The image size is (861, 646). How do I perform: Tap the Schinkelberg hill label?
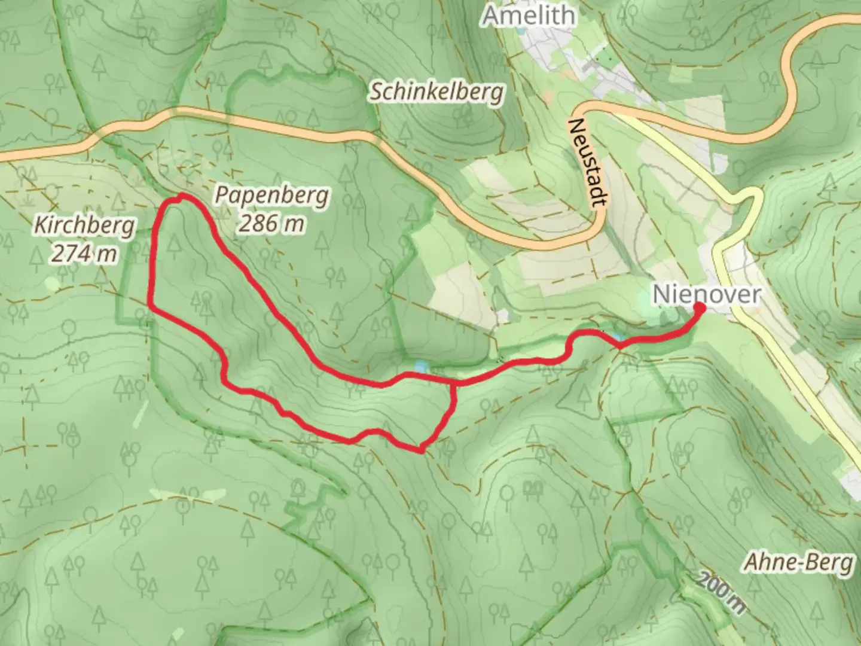[436, 92]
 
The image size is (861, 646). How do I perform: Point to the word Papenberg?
[272, 196]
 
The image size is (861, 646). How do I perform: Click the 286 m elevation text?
[271, 223]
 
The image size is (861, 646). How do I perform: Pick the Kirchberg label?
[84, 226]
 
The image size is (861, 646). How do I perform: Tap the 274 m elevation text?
[84, 254]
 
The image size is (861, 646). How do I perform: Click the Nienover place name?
[707, 294]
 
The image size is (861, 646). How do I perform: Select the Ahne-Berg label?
[798, 562]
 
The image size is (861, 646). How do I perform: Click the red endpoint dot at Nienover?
[698, 307]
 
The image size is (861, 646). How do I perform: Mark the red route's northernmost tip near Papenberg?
[181, 196]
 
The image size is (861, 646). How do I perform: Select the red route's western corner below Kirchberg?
[151, 307]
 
